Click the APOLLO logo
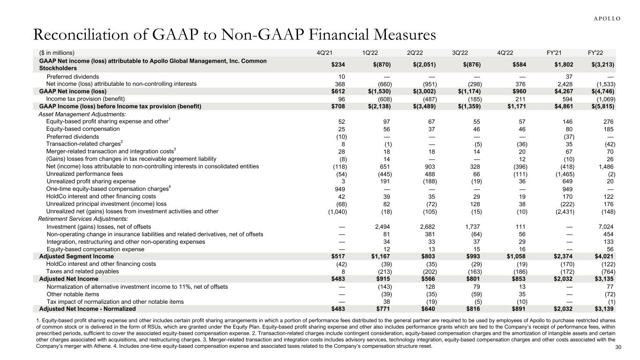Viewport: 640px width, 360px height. click(x=604, y=18)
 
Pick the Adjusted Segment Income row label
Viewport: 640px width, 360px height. click(x=76, y=256)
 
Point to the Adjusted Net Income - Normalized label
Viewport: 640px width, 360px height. click(x=87, y=309)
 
